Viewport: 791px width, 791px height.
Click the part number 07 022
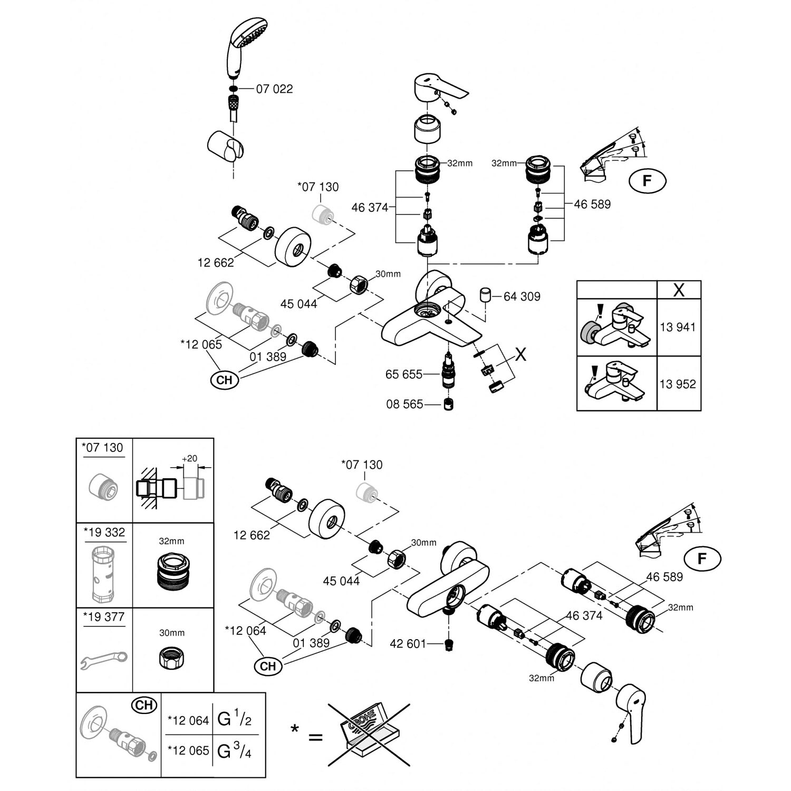pyautogui.click(x=274, y=89)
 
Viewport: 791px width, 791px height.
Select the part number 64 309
pyautogui.click(x=522, y=297)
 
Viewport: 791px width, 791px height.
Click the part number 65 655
pyautogui.click(x=404, y=374)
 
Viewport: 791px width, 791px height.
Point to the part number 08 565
pyautogui.click(x=404, y=404)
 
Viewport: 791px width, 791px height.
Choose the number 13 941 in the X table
pyautogui.click(x=678, y=327)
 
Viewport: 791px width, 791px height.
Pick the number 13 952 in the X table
pyautogui.click(x=678, y=384)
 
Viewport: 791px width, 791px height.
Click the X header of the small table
pyautogui.click(x=679, y=290)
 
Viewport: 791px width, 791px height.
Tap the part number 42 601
pyautogui.click(x=408, y=644)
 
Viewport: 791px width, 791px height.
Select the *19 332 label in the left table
pyautogui.click(x=104, y=533)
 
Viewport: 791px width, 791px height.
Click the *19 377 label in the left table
pyautogui.click(x=104, y=617)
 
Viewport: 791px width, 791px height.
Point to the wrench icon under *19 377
pyautogui.click(x=104, y=659)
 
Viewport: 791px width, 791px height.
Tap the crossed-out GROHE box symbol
pyautogui.click(x=369, y=734)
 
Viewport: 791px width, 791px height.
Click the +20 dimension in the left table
pyautogui.click(x=189, y=459)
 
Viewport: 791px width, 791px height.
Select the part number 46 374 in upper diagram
pyautogui.click(x=369, y=208)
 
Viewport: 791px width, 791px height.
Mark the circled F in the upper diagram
pyautogui.click(x=647, y=181)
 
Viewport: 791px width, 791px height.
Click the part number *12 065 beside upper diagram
pyautogui.click(x=201, y=345)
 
